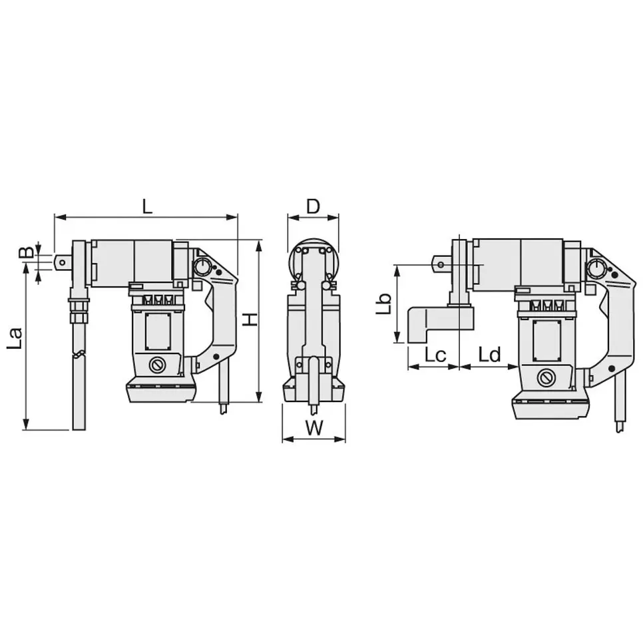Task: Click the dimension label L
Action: coord(147,206)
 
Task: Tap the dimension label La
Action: coord(15,338)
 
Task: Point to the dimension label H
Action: coord(250,320)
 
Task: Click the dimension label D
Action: coord(313,206)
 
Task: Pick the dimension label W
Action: coord(314,428)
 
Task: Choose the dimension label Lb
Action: coord(384,304)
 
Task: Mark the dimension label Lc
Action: coord(435,355)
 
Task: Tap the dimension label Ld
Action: coord(490,355)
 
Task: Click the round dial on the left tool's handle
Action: coord(202,268)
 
